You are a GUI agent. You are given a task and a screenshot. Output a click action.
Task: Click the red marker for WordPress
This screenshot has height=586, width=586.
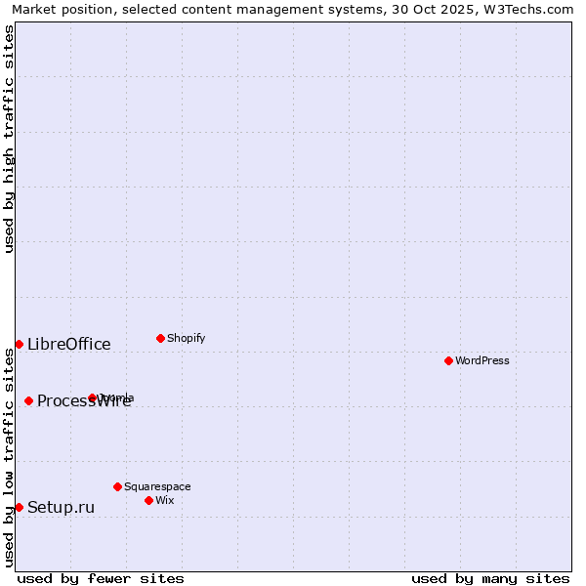pyautogui.click(x=448, y=360)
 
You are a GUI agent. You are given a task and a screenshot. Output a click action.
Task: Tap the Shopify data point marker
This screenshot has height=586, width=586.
pyautogui.click(x=160, y=338)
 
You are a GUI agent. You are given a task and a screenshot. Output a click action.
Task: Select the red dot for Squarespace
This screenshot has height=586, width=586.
pyautogui.click(x=117, y=486)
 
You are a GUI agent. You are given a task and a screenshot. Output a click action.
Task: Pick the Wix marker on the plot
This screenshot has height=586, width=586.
pyautogui.click(x=148, y=500)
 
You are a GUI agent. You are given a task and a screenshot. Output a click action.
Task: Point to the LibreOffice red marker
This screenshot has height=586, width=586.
pyautogui.click(x=19, y=344)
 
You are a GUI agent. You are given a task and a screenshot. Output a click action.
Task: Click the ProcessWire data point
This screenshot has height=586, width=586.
pyautogui.click(x=28, y=400)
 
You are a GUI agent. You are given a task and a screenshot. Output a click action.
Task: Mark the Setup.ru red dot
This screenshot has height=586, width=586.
pyautogui.click(x=19, y=507)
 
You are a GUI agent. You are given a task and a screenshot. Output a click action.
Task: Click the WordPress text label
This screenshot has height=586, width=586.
pyautogui.click(x=482, y=360)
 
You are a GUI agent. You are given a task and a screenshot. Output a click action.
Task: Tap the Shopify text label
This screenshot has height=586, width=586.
pyautogui.click(x=187, y=338)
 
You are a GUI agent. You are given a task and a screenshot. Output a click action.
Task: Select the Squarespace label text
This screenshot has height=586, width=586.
pyautogui.click(x=157, y=486)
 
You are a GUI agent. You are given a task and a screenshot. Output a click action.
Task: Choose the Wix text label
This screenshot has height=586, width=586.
pyautogui.click(x=165, y=500)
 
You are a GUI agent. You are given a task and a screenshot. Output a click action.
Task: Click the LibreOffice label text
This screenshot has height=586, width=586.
pyautogui.click(x=69, y=344)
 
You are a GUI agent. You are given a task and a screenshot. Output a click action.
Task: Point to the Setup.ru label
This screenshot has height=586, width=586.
pyautogui.click(x=62, y=507)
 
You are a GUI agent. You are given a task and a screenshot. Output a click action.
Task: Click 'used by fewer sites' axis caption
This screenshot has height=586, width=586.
pyautogui.click(x=101, y=578)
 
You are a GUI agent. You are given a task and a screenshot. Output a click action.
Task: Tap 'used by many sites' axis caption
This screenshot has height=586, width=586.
pyautogui.click(x=490, y=578)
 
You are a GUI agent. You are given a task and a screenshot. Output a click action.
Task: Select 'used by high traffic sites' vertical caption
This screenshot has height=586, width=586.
pyautogui.click(x=9, y=139)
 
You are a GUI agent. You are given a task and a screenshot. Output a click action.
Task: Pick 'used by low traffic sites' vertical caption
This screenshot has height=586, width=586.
pyautogui.click(x=9, y=457)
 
